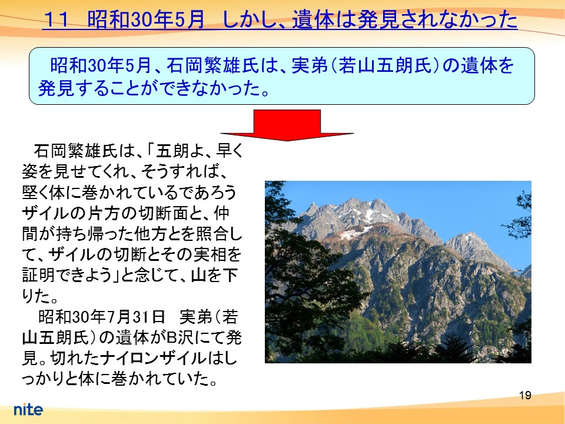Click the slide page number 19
pos(526,395)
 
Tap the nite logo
pos(28,409)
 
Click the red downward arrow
pos(287,125)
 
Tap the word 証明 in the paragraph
pos(39,276)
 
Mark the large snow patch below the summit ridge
pos(355,233)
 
